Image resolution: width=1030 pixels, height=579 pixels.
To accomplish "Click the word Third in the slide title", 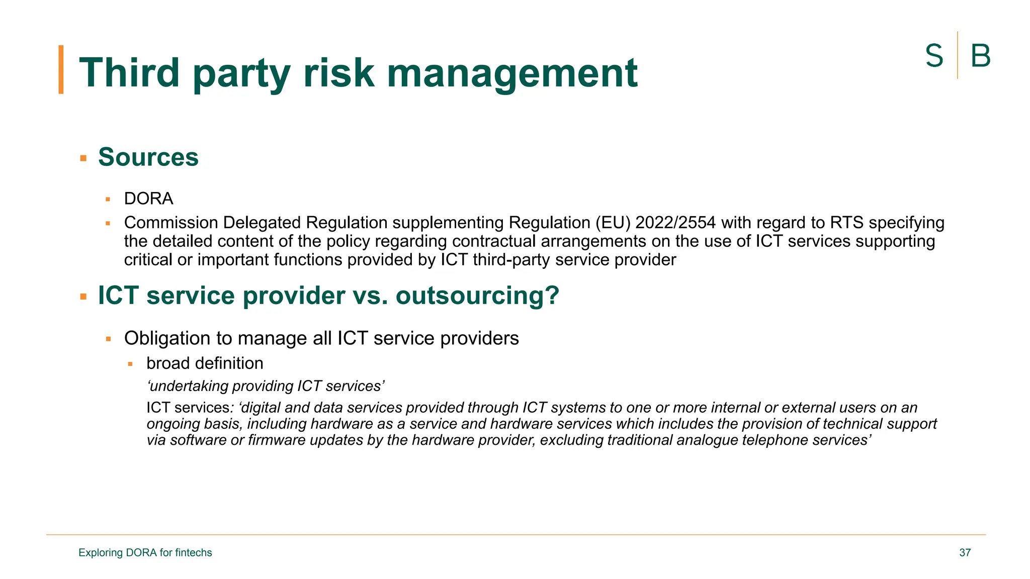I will point(129,73).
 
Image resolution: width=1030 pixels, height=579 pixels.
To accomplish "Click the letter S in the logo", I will point(934,56).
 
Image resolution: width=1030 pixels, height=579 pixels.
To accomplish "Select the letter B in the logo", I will point(980,56).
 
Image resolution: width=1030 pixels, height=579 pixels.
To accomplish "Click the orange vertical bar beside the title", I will point(61,69).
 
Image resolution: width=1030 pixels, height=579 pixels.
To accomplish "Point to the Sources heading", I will point(148,157).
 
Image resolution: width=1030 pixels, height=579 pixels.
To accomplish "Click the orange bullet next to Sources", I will point(83,158).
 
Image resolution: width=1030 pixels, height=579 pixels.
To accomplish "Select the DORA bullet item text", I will point(148,199).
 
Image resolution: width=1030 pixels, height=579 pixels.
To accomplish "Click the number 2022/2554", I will point(675,222).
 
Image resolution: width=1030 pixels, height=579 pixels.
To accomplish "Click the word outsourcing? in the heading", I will point(477,295).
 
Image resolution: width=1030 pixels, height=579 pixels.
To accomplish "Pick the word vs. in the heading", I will point(370,295).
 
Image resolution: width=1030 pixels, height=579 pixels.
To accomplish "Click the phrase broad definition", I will point(205,363).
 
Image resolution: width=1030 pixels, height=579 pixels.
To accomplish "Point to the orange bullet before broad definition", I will point(130,364).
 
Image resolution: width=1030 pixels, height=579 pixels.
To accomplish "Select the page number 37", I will point(965,552).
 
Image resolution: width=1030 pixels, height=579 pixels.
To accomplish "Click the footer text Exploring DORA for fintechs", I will point(145,552).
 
